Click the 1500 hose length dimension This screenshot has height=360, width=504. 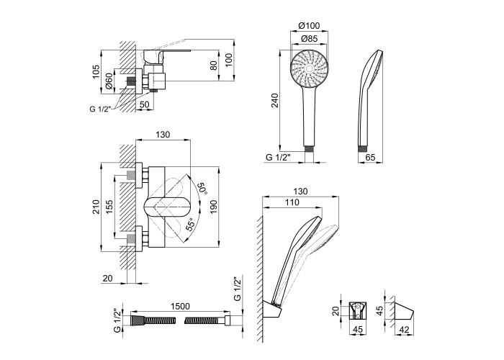pyautogui.click(x=181, y=306)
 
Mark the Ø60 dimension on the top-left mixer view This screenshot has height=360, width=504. pyautogui.click(x=109, y=81)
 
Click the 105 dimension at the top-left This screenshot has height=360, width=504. pyautogui.click(x=98, y=73)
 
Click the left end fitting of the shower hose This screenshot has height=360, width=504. pyautogui.click(x=132, y=320)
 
